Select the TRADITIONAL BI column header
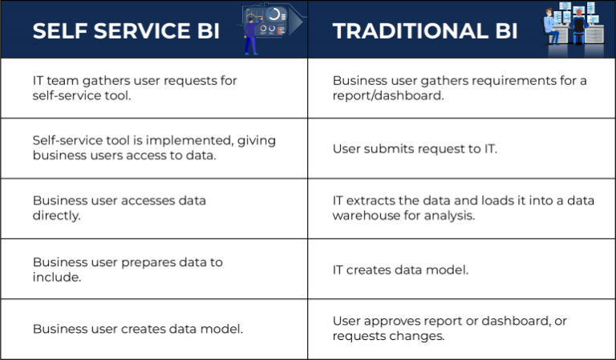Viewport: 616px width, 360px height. pos(425,31)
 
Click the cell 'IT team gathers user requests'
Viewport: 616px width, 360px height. pos(135,88)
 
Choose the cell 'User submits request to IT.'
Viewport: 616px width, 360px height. pos(415,149)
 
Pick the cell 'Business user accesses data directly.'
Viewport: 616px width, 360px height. pos(120,208)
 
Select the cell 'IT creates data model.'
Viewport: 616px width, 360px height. pos(400,269)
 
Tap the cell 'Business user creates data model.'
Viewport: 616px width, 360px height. pos(137,329)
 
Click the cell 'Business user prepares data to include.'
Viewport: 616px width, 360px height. pos(128,269)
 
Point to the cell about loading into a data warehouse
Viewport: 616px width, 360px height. pos(463,208)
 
